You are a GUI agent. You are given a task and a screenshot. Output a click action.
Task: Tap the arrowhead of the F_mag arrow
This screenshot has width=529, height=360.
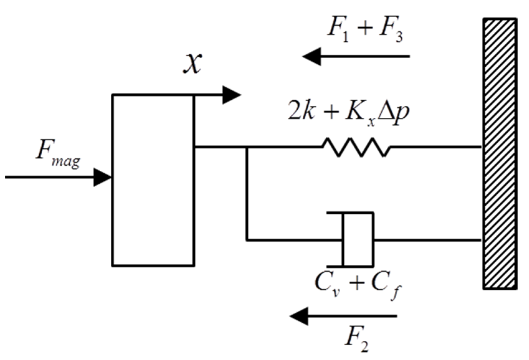pyautogui.click(x=103, y=178)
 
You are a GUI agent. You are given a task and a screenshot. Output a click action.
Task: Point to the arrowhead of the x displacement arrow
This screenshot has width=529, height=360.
pyautogui.click(x=232, y=95)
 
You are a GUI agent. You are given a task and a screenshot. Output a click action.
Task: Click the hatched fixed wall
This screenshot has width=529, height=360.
pyautogui.click(x=500, y=154)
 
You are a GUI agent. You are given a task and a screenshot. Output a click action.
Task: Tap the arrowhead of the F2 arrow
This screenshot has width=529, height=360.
pyautogui.click(x=299, y=316)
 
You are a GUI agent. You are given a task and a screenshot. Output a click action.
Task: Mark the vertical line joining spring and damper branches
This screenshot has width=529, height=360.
pyautogui.click(x=247, y=193)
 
